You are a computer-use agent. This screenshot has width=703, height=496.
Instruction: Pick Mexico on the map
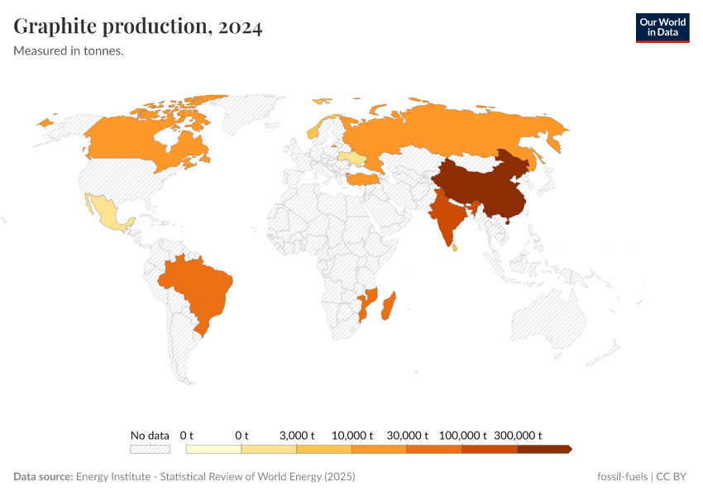[108, 213]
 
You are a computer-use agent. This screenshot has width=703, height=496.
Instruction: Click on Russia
[447, 128]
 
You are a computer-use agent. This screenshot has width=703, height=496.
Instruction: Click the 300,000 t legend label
[518, 435]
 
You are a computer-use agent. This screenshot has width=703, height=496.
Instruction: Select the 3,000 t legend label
[297, 435]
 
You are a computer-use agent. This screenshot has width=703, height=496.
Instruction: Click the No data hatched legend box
[150, 449]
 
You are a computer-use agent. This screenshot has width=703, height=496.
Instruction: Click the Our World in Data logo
[662, 27]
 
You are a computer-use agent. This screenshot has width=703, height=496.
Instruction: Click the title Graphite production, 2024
[138, 26]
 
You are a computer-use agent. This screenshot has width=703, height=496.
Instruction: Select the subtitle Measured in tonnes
[69, 50]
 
